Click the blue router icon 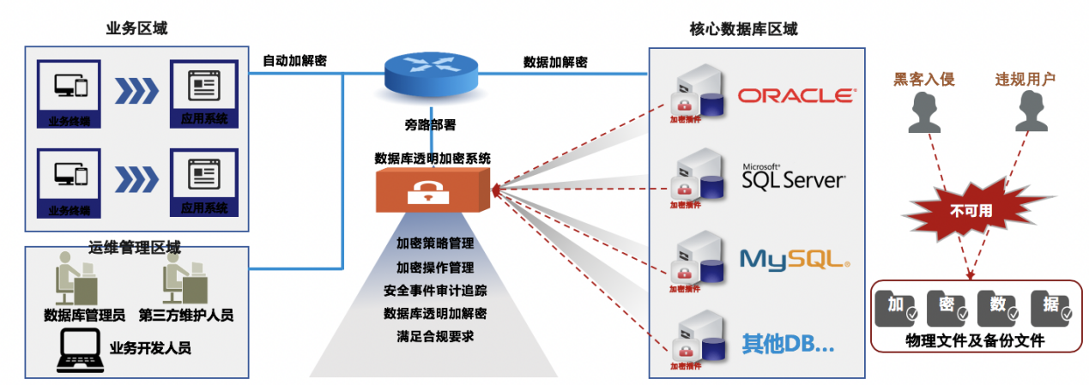pos(432,75)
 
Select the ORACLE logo pos(796,95)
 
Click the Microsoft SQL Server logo pos(793,178)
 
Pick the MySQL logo pos(794,257)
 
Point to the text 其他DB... pos(787,345)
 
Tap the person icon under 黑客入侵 pos(923,113)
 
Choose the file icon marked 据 pos(1050,308)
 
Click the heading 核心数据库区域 pos(743,29)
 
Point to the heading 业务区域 pos(136,27)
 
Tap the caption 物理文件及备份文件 pos(975,340)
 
